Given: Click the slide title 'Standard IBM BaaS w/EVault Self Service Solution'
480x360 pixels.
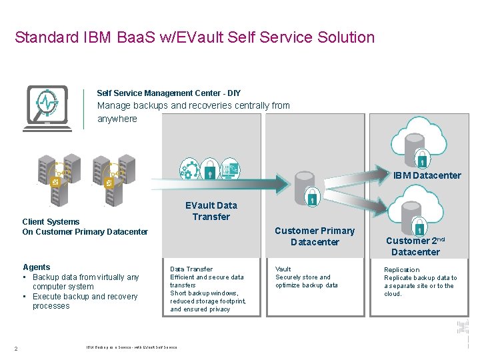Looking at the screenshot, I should click(x=195, y=37).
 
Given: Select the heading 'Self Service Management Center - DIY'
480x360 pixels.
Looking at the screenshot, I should click(x=169, y=93).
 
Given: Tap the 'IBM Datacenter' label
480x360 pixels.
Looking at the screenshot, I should click(x=427, y=175).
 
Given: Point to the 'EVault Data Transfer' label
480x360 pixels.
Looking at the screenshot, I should click(x=211, y=211).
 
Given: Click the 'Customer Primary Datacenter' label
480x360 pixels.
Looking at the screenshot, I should click(x=315, y=236).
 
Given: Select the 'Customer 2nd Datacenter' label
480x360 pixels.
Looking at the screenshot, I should click(x=415, y=246).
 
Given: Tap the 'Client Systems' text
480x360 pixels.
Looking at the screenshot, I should click(x=51, y=222).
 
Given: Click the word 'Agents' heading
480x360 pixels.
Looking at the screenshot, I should click(x=36, y=267).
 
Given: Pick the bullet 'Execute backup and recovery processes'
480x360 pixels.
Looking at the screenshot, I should click(x=85, y=301).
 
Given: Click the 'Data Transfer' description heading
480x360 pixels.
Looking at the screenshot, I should click(x=191, y=269).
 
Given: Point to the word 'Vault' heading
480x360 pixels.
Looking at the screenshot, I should click(x=283, y=269).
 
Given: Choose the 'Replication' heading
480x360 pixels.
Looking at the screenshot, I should click(x=402, y=270).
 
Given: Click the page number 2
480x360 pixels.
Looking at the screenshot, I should click(x=15, y=347).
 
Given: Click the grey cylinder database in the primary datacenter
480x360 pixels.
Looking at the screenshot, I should click(x=305, y=183).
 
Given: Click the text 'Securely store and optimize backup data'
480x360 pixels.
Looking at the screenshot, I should click(x=306, y=281).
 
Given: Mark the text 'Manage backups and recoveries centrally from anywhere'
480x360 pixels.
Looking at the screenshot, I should click(x=193, y=112).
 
